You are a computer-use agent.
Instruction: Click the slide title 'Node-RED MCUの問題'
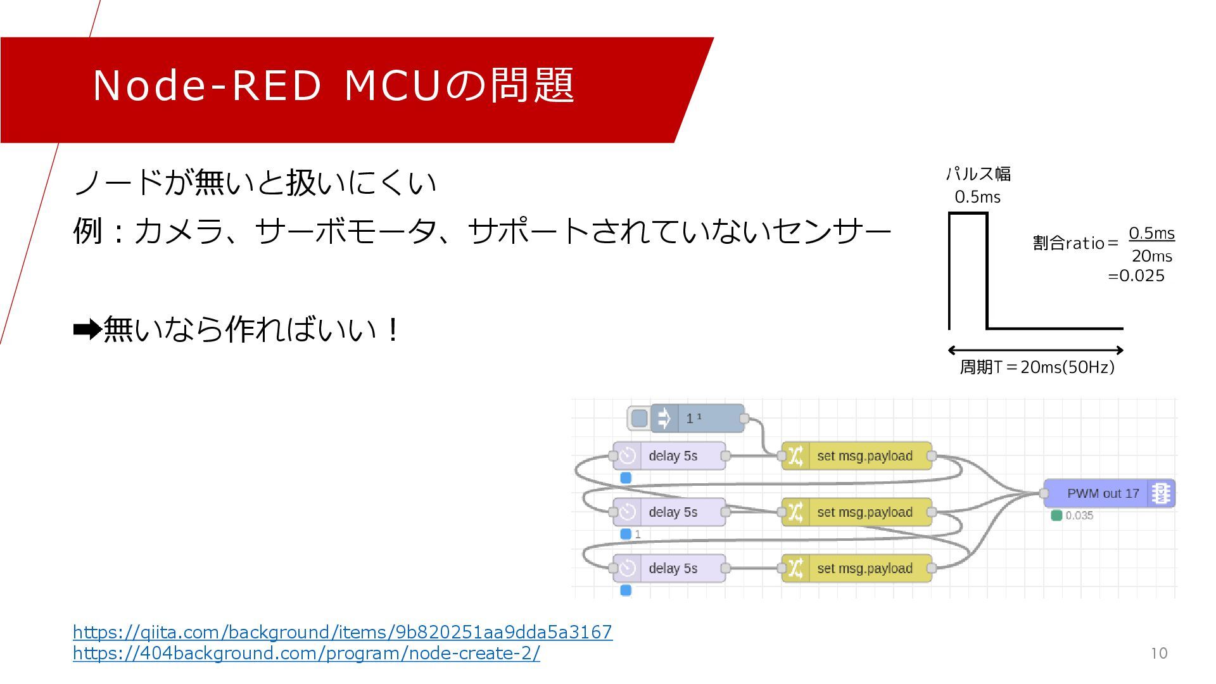click(333, 85)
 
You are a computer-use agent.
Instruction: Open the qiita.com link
click(342, 632)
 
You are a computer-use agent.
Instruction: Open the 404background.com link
click(307, 653)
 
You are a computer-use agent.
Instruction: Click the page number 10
click(1159, 654)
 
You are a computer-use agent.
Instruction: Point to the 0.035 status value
click(1079, 516)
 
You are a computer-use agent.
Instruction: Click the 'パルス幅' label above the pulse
click(978, 174)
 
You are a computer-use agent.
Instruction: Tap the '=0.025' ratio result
click(1136, 276)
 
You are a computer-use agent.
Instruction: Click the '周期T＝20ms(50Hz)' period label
click(1037, 367)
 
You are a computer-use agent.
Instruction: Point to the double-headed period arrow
click(1035, 350)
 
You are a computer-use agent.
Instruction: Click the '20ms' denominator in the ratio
click(1151, 256)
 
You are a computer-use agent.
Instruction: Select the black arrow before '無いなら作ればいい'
click(87, 329)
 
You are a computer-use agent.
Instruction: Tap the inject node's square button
click(640, 419)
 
